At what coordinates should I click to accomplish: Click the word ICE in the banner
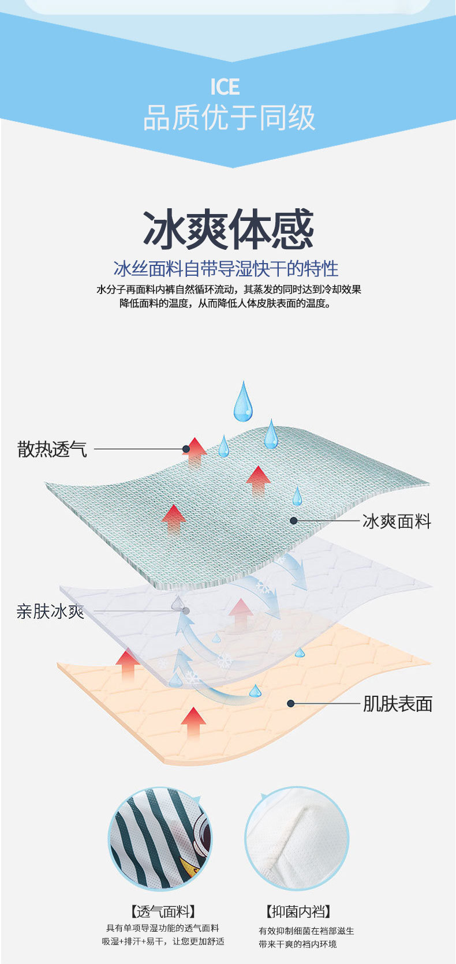tap(225, 87)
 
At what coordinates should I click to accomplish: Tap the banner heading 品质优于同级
tap(229, 117)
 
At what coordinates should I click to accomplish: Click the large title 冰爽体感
tap(229, 230)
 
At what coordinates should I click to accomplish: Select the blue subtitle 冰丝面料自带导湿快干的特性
tap(226, 268)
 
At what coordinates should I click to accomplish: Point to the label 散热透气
tap(52, 449)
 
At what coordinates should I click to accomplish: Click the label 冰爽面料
tap(397, 522)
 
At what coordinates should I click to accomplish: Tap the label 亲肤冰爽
tap(50, 612)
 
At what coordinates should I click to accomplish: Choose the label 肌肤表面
tap(397, 704)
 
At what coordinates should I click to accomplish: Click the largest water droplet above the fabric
tap(243, 401)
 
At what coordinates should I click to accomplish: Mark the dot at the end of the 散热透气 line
tap(186, 449)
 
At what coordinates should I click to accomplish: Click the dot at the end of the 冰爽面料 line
tap(293, 520)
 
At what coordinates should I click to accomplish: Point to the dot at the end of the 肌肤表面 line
tap(291, 703)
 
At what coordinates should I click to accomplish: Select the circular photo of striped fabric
tap(160, 839)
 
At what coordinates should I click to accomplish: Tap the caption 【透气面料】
tap(162, 912)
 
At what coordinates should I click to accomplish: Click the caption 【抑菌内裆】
tap(298, 912)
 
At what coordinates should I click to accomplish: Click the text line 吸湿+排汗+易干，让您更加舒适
tap(163, 942)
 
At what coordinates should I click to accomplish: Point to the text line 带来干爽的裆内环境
tap(297, 944)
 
